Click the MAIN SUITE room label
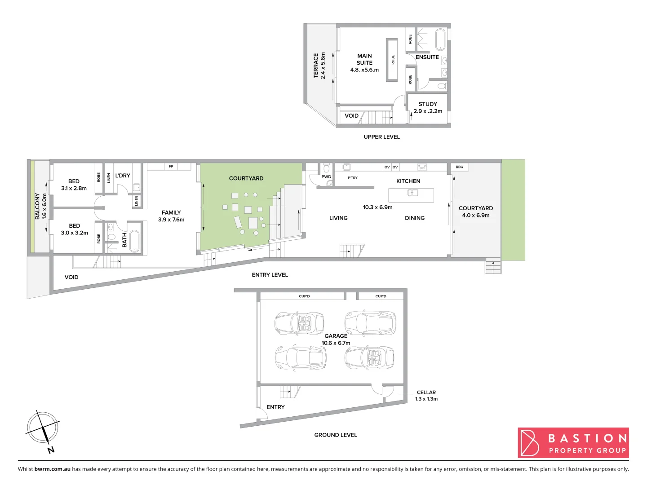pyautogui.click(x=364, y=63)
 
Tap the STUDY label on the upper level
pyautogui.click(x=428, y=104)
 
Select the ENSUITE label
pyautogui.click(x=427, y=57)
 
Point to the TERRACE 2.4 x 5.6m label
pyautogui.click(x=319, y=66)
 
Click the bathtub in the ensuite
pyautogui.click(x=440, y=40)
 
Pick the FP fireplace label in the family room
pyautogui.click(x=171, y=167)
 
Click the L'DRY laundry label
pyautogui.click(x=123, y=176)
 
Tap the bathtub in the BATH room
pyautogui.click(x=134, y=241)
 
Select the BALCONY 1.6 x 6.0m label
pyautogui.click(x=40, y=206)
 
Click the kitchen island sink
pyautogui.click(x=412, y=193)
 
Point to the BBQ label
pyautogui.click(x=459, y=167)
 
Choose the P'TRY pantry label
pyautogui.click(x=353, y=178)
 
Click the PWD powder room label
pyautogui.click(x=326, y=177)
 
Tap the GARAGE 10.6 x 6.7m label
pyautogui.click(x=336, y=339)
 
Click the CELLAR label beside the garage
pyautogui.click(x=426, y=392)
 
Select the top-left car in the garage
pyautogui.click(x=299, y=323)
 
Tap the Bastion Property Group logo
pyautogui.click(x=573, y=443)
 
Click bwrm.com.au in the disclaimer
pyautogui.click(x=53, y=469)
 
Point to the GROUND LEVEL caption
pyautogui.click(x=336, y=435)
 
